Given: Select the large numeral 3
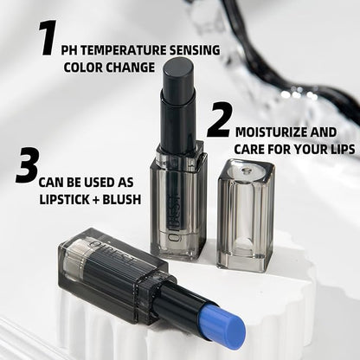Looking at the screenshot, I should click(x=26, y=166).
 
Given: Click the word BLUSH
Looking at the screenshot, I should click(x=120, y=197).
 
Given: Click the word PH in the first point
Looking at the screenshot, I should click(x=71, y=49).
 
